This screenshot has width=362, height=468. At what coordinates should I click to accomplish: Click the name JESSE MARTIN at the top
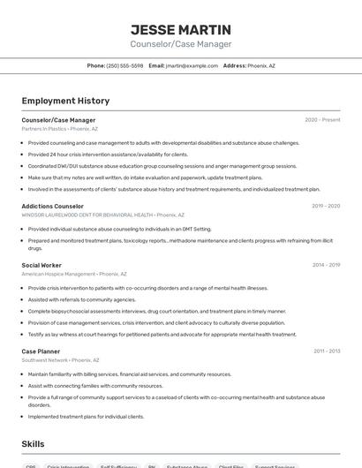pos(181,30)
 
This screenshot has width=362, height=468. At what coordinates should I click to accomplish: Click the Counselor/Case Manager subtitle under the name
pos(181,44)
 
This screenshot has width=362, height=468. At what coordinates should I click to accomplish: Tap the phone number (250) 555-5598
pos(124,65)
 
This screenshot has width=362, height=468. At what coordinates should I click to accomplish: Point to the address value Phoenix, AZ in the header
pos(261,65)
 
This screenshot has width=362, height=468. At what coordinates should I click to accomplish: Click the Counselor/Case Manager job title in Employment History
pos(58,120)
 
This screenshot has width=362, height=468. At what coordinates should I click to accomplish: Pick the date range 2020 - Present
pos(322,120)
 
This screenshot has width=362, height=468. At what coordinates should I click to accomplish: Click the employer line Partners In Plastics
pos(60,129)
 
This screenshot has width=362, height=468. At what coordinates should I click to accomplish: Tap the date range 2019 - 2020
pos(326,206)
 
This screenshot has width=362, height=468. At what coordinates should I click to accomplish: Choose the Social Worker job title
pos(41,265)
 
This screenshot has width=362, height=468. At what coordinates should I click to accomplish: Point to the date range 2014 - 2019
pos(326,265)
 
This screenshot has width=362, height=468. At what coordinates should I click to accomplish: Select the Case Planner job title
pos(41,351)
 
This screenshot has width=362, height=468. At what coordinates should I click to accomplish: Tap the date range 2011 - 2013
pos(327,351)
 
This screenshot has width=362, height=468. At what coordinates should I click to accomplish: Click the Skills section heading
pos(34,444)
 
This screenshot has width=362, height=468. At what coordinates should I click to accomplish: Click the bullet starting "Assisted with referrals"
pos(82,299)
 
